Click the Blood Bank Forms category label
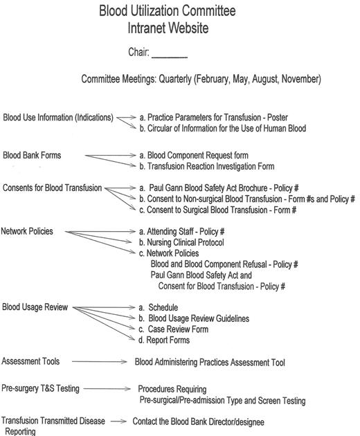32,156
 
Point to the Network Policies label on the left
27,232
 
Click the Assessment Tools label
30,361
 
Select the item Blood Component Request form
193,156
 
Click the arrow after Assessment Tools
98,361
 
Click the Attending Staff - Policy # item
186,232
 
